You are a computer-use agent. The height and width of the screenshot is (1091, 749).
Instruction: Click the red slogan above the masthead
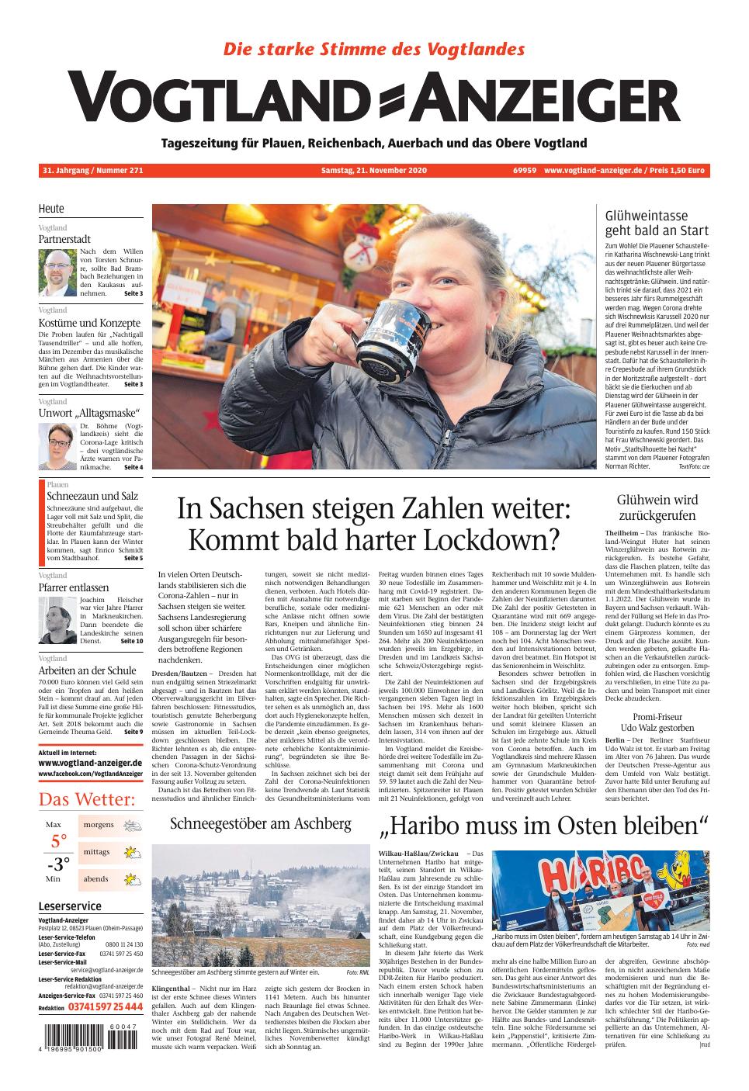[x=374, y=49]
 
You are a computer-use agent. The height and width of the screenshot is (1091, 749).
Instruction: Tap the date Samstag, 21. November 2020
[x=374, y=171]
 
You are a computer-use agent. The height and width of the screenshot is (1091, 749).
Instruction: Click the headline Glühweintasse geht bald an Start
[x=657, y=223]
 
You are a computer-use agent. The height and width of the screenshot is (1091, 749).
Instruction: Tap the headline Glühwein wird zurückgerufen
[x=657, y=507]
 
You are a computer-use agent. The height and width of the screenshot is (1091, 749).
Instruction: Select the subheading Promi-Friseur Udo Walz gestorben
[x=657, y=722]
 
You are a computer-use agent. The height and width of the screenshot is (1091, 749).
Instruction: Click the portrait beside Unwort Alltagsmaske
[x=57, y=447]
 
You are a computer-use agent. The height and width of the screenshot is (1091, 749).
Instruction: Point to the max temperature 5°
[x=59, y=841]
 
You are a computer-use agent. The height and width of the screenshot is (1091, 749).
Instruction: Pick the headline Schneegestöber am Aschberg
[x=261, y=824]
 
